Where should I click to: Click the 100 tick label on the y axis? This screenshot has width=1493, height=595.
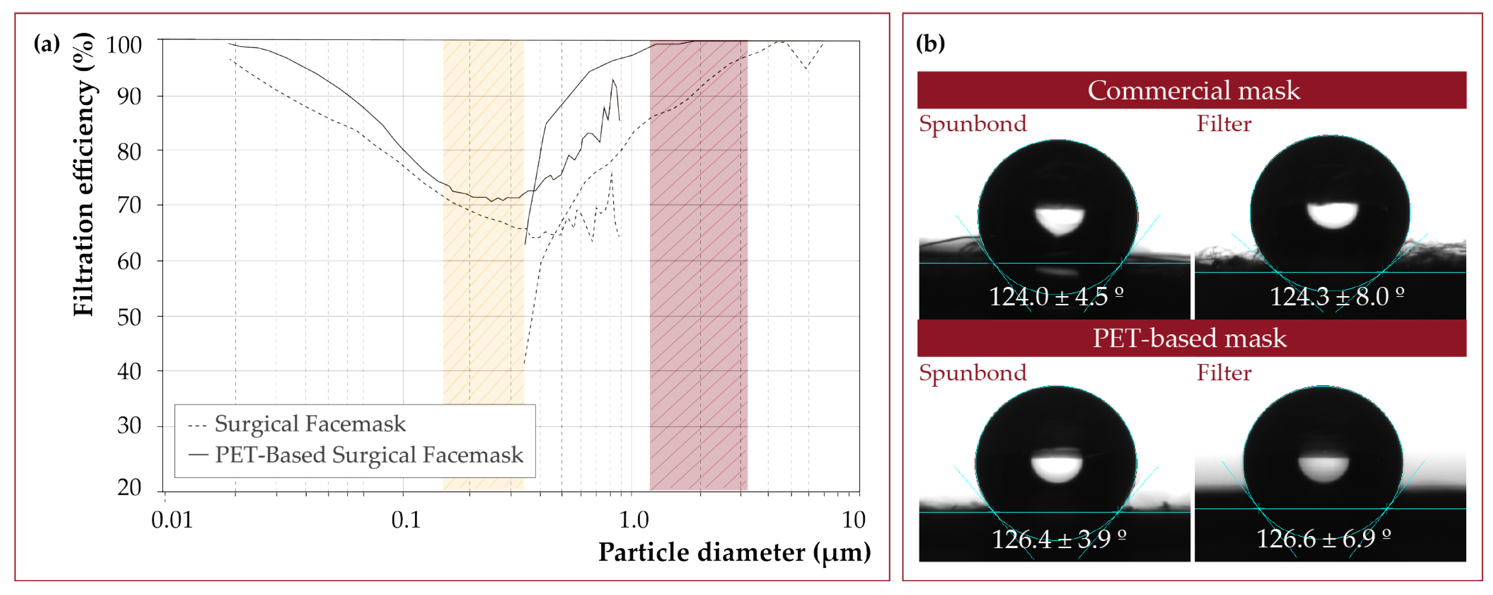(x=123, y=45)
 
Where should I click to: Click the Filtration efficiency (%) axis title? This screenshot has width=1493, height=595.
(x=84, y=174)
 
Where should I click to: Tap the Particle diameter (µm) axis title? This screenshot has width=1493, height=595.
(x=734, y=552)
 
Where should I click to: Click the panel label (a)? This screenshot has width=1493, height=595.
(x=47, y=43)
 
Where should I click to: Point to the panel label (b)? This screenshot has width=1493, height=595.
(x=930, y=43)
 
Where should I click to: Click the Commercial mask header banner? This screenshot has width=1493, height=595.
(x=1192, y=90)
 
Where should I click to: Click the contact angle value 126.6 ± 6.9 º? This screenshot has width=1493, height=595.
(x=1323, y=539)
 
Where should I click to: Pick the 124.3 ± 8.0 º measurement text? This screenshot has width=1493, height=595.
(x=1336, y=297)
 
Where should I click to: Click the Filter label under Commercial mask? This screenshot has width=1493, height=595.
(x=1224, y=124)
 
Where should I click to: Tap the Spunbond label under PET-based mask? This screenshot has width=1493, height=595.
(x=972, y=373)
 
